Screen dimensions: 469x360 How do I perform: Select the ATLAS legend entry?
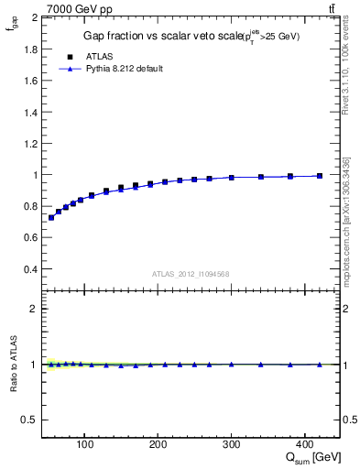(99, 57)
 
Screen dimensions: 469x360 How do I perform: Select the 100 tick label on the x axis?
(85, 446)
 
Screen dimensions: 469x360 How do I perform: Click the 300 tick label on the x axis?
(232, 446)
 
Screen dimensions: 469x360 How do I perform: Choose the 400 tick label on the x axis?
(305, 446)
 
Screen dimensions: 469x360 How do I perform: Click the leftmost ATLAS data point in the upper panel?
(51, 218)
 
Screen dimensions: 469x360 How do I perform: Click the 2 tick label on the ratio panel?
(33, 309)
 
